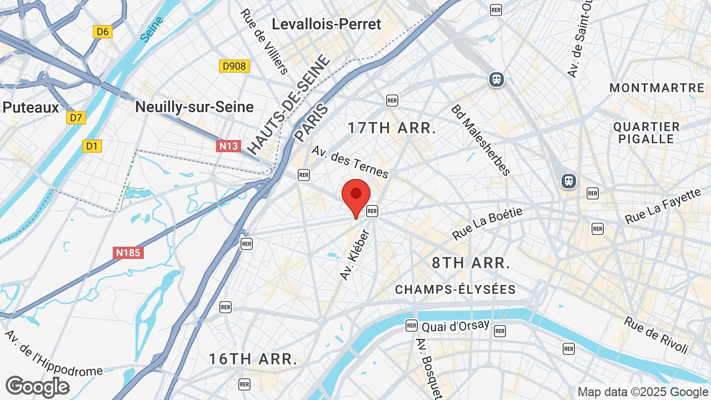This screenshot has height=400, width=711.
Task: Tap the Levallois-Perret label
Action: (x=327, y=24)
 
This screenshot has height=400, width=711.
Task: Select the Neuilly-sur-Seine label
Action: (x=194, y=107)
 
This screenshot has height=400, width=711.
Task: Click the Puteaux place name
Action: (x=31, y=107)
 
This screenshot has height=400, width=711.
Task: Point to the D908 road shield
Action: (x=234, y=67)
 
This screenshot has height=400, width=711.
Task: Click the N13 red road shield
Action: (x=228, y=146)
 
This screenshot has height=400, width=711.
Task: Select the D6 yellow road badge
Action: (x=103, y=32)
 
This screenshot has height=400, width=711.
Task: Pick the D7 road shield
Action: (x=76, y=118)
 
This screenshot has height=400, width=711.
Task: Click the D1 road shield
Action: (x=92, y=146)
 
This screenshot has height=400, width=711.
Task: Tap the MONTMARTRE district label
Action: (x=657, y=88)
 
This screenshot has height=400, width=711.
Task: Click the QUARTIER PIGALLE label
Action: (x=647, y=133)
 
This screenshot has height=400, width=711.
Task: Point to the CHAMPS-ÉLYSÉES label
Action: (x=455, y=289)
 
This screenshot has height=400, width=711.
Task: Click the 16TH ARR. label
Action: (x=253, y=359)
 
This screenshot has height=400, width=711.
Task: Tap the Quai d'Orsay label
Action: (x=455, y=326)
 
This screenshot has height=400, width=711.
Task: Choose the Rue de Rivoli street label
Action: (x=656, y=335)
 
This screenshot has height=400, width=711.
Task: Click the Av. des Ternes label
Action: (x=350, y=162)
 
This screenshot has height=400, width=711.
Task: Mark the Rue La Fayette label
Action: (x=663, y=206)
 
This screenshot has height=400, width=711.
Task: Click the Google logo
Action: (x=38, y=387)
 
